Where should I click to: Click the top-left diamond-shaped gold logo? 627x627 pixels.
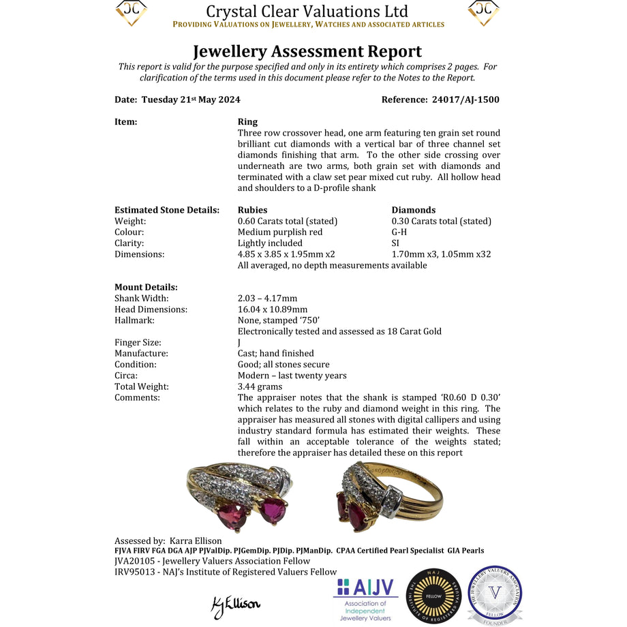tap(132, 12)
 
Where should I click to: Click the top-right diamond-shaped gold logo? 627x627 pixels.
tap(484, 12)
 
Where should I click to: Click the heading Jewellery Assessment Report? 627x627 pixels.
tap(307, 51)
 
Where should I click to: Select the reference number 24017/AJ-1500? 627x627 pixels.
tap(465, 100)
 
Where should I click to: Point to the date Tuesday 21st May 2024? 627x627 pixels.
tap(191, 100)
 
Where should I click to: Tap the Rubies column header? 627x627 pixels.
tap(252, 210)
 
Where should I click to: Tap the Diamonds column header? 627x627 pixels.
tap(413, 210)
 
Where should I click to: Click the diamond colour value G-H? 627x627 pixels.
tap(399, 232)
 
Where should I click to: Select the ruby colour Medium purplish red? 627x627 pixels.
tap(280, 232)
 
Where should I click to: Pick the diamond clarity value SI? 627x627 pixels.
tap(395, 243)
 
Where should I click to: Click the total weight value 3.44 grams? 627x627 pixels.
tap(260, 386)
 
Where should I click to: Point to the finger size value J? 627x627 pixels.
tap(239, 342)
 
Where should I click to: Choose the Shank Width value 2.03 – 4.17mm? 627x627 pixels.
tap(267, 298)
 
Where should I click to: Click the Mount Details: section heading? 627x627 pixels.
tap(146, 287)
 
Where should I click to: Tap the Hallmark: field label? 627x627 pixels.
tap(134, 320)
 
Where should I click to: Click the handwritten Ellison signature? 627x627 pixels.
tap(236, 604)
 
